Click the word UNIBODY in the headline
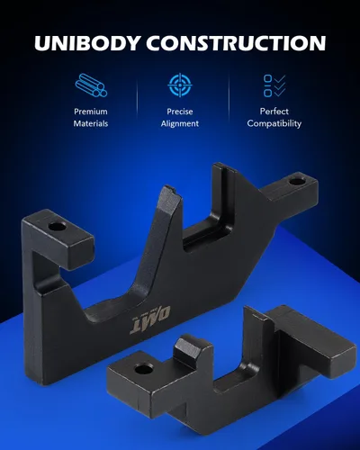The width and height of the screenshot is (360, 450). (87, 42)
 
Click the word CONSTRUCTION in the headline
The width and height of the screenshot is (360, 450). (236, 42)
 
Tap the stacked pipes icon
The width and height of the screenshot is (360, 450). (91, 85)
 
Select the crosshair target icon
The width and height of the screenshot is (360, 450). (180, 85)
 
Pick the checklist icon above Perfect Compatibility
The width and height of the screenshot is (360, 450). (274, 85)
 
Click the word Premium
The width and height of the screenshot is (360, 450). (91, 112)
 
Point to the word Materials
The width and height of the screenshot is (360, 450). (91, 123)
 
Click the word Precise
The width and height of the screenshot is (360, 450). (180, 112)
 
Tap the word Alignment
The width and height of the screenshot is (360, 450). (180, 123)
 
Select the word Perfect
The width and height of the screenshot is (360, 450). (274, 112)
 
